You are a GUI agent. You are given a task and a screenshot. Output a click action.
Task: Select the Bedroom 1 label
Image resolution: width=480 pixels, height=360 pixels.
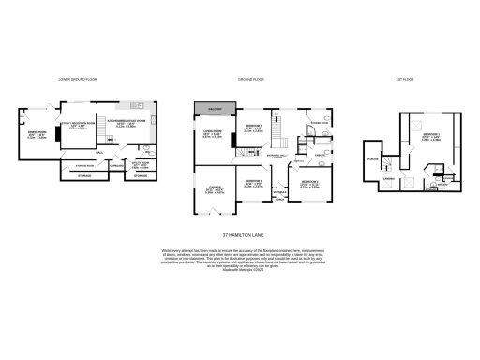431,136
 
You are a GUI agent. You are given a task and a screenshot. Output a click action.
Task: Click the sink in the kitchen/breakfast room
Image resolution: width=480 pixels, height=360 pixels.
138,104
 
